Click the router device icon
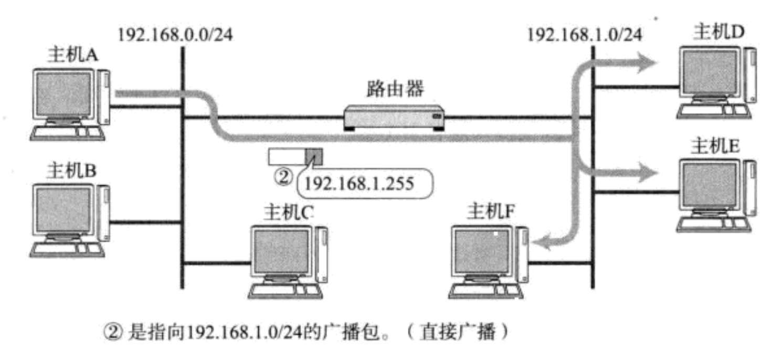coord(394,117)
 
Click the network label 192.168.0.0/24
coord(176,35)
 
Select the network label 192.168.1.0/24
coord(584,35)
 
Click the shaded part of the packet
coord(314,156)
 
